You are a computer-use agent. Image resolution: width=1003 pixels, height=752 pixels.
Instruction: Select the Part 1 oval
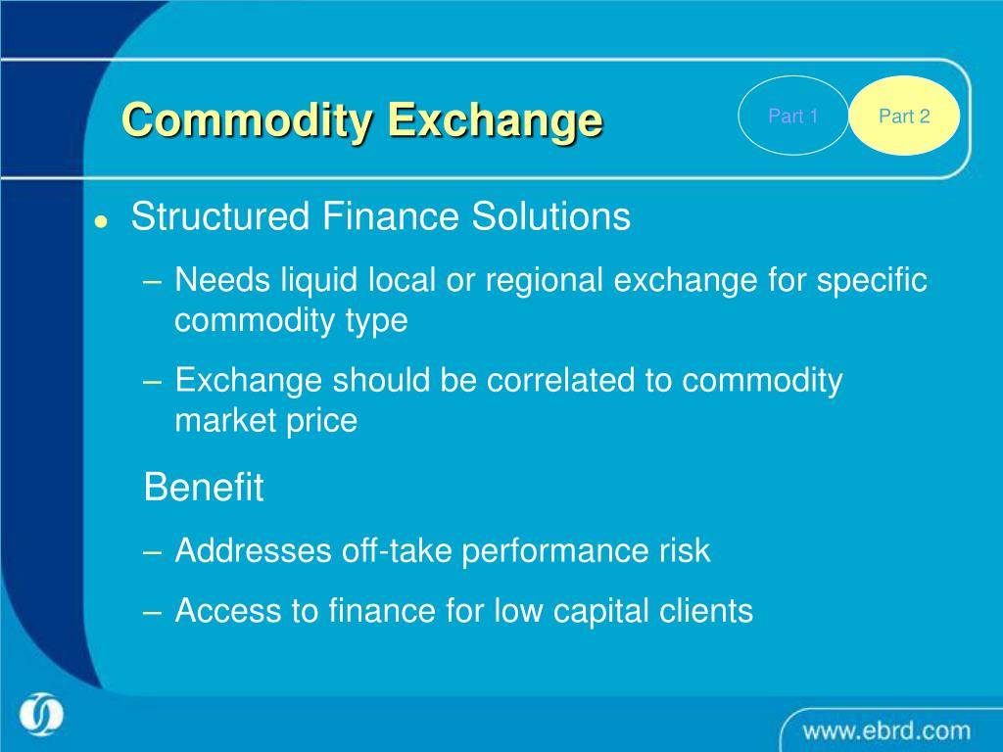tap(792, 117)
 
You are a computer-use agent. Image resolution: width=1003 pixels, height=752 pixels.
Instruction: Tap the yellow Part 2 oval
tap(903, 117)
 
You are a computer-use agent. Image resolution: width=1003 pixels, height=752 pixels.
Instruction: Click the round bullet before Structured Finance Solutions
tap(100, 222)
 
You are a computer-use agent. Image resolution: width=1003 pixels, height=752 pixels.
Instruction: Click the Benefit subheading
tap(204, 487)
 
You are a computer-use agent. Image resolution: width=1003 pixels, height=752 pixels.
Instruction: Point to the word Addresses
tap(253, 550)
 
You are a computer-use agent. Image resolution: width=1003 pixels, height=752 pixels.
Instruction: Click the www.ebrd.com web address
tap(886, 730)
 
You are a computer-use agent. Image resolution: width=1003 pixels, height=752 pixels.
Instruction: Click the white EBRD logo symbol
tap(40, 714)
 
